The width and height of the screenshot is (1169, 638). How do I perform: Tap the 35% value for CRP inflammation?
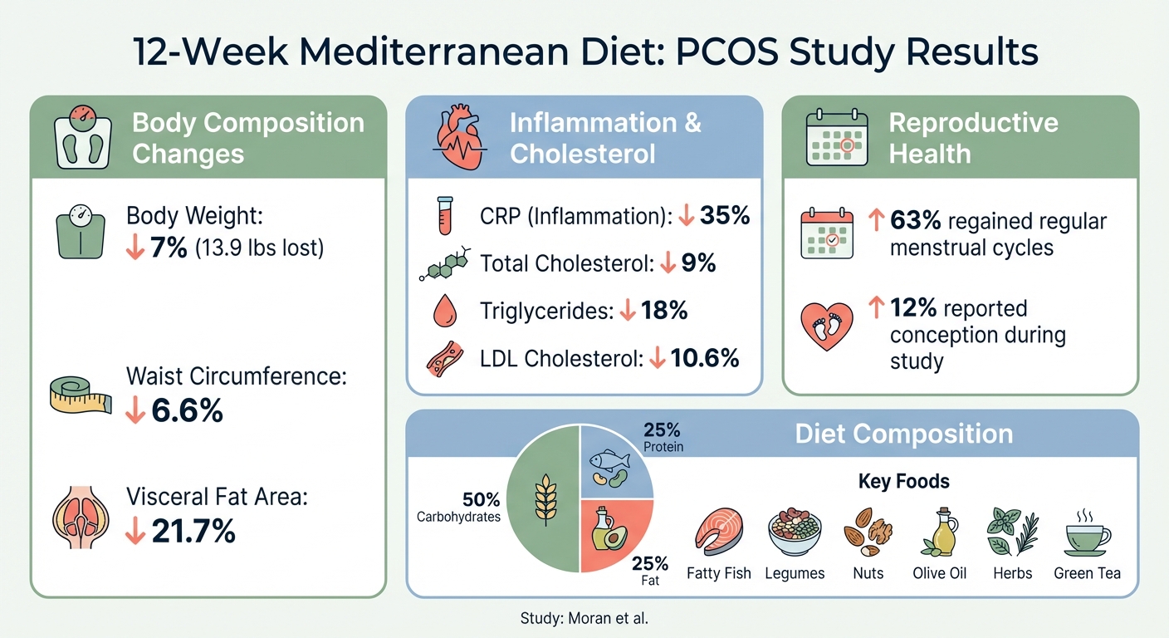(725, 216)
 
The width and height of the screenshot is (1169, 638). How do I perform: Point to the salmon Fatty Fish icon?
(718, 532)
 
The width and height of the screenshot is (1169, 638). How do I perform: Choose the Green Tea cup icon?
(1087, 533)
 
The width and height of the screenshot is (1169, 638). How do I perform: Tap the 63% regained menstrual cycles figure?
(913, 222)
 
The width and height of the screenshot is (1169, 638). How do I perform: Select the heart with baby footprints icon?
(826, 326)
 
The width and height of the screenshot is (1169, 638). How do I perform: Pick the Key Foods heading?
(903, 482)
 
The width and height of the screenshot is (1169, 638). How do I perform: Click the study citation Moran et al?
(584, 618)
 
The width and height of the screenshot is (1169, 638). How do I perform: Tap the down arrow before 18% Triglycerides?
(628, 311)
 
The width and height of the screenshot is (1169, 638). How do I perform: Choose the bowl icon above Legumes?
(795, 532)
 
